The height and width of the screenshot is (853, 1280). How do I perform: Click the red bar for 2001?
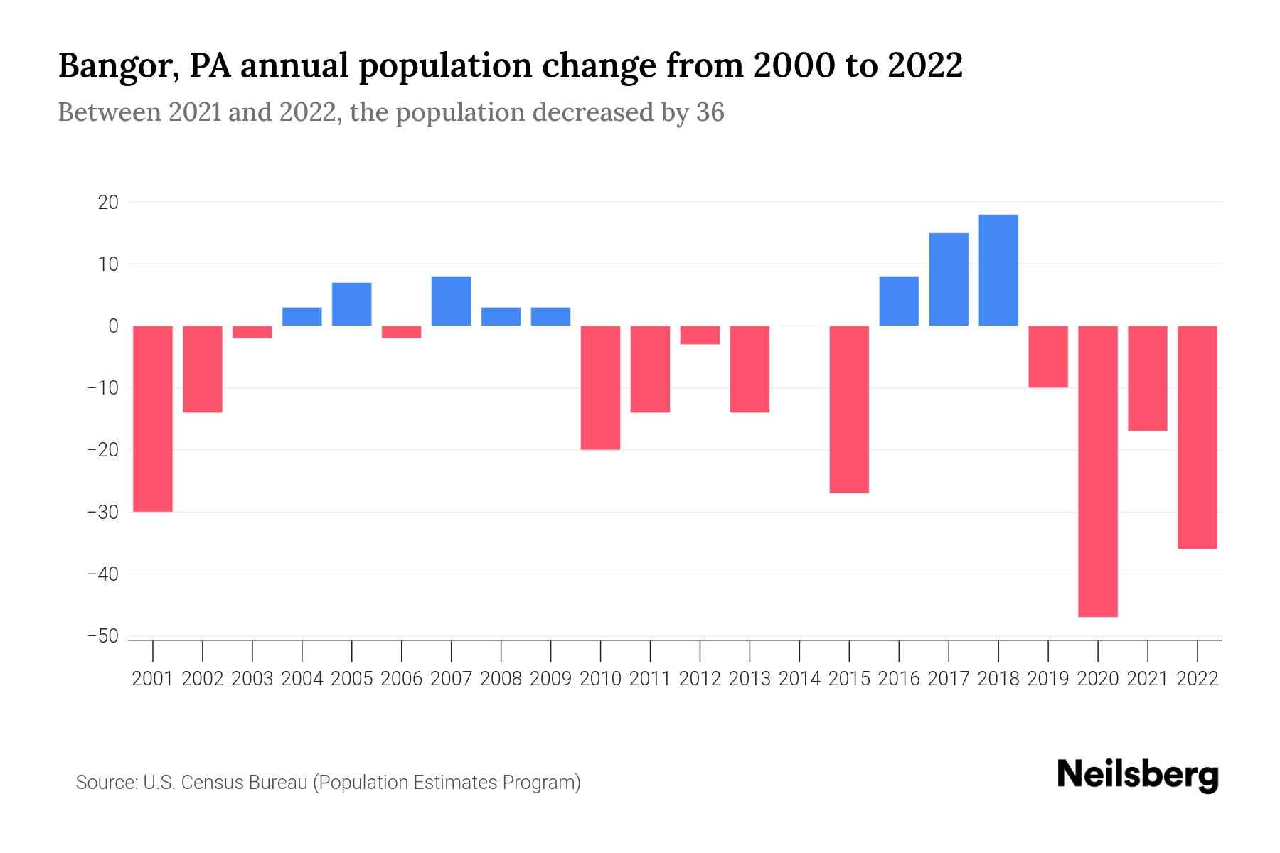[x=153, y=419]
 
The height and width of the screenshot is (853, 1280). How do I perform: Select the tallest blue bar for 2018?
[x=998, y=270]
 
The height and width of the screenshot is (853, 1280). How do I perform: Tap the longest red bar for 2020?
[x=1098, y=471]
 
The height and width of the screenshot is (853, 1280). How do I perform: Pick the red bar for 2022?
[x=1198, y=437]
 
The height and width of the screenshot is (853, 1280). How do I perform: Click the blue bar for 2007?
[x=452, y=301]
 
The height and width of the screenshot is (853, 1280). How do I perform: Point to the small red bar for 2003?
[x=252, y=332]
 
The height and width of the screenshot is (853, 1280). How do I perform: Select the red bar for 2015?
[x=849, y=409]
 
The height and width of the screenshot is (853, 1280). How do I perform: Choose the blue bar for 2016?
[x=899, y=301]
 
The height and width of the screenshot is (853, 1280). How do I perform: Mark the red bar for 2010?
[x=601, y=387]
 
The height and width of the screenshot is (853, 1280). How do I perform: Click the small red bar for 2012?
[x=700, y=335]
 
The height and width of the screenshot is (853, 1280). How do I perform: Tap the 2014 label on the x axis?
[x=799, y=679]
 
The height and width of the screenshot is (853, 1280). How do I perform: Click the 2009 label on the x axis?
[x=551, y=679]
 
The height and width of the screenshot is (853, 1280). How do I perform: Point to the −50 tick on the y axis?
[x=102, y=636]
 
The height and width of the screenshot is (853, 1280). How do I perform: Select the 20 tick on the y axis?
[x=108, y=203]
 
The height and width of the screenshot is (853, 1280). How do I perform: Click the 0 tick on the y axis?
[x=113, y=326]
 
